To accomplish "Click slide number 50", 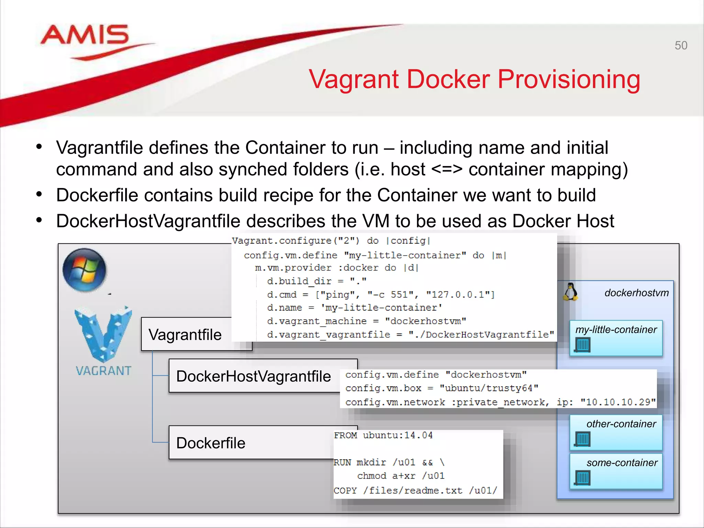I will click(681, 45).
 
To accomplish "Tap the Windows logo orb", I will click(85, 270).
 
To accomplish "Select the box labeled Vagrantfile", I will click(186, 334).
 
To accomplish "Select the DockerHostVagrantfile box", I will click(254, 376).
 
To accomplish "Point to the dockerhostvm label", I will click(636, 293).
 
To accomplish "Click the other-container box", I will click(616, 432).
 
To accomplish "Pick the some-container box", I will click(616, 471).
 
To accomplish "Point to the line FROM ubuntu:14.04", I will click(383, 435).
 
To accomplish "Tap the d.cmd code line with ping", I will click(381, 295).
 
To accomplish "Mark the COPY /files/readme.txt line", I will click(415, 490).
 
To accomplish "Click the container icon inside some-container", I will click(582, 478).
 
